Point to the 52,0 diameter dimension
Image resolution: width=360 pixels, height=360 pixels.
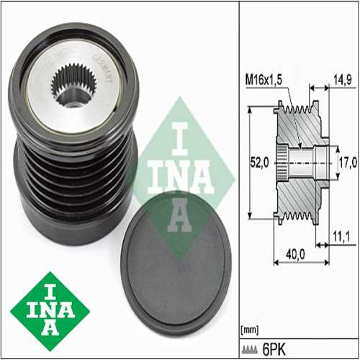[x=260, y=163]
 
